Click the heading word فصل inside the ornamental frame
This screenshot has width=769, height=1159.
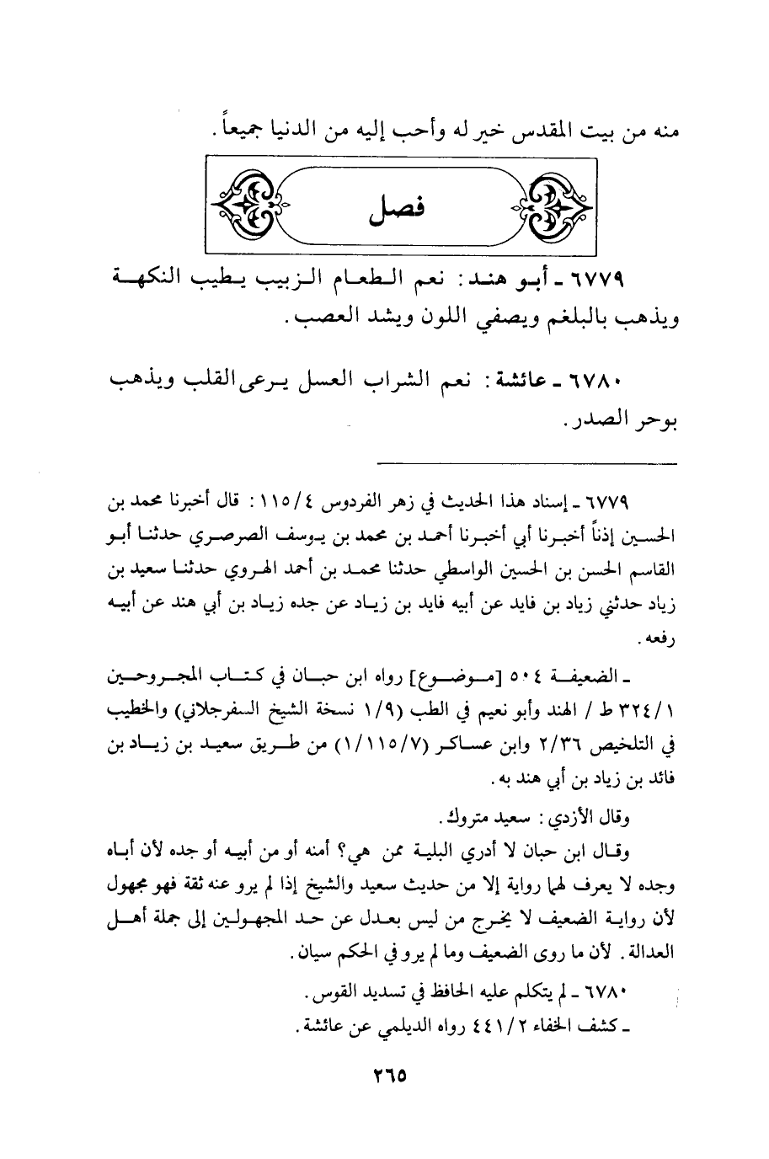pyautogui.click(x=394, y=207)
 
